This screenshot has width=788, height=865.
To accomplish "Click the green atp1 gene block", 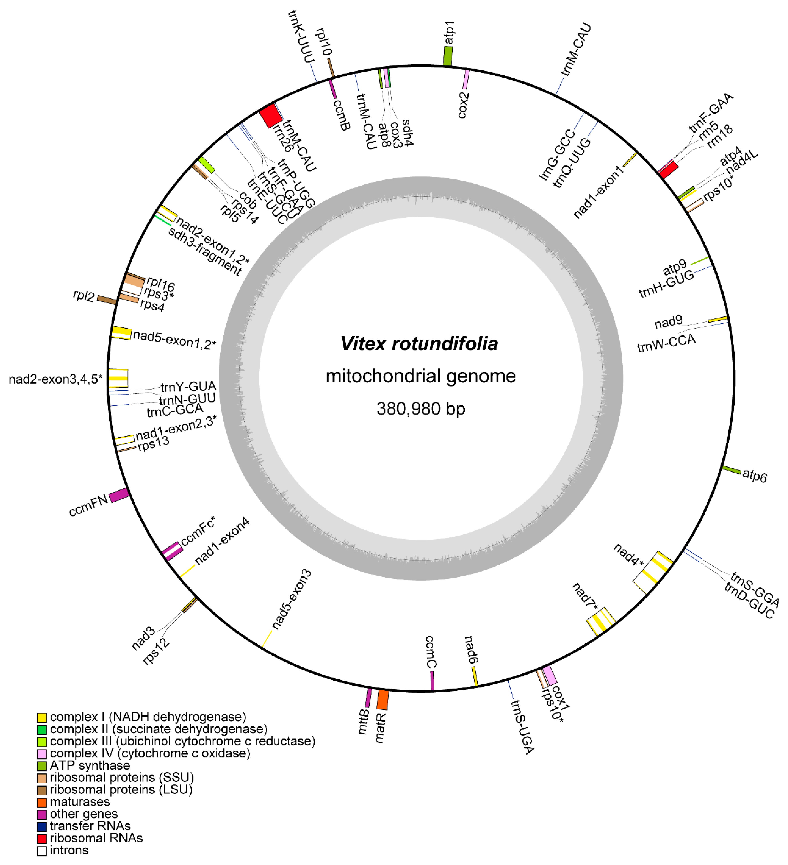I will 447,56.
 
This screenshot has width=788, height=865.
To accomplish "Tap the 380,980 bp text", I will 421,409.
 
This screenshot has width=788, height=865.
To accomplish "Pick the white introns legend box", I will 42,850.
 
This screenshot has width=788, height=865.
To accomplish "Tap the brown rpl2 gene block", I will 106,300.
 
